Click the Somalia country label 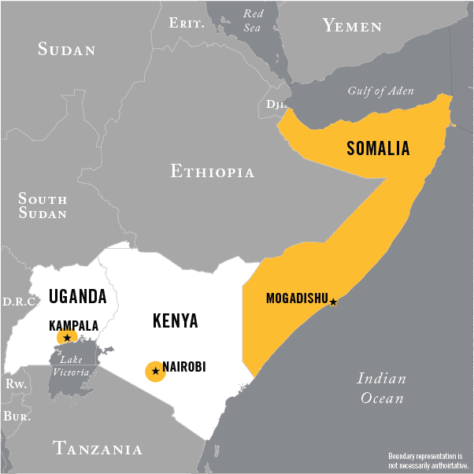click(x=378, y=149)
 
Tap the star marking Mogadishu click(x=334, y=302)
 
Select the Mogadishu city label click(x=297, y=298)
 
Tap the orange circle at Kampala click(x=67, y=338)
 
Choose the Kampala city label click(x=73, y=324)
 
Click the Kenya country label click(x=175, y=321)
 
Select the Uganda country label click(x=77, y=297)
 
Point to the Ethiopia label click(x=213, y=172)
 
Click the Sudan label click(x=67, y=50)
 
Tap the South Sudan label click(x=43, y=206)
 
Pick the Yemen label click(x=352, y=26)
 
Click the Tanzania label click(x=98, y=450)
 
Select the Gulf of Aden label click(x=380, y=91)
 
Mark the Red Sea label click(x=253, y=20)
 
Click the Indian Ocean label click(x=382, y=388)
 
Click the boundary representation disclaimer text click(x=428, y=460)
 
